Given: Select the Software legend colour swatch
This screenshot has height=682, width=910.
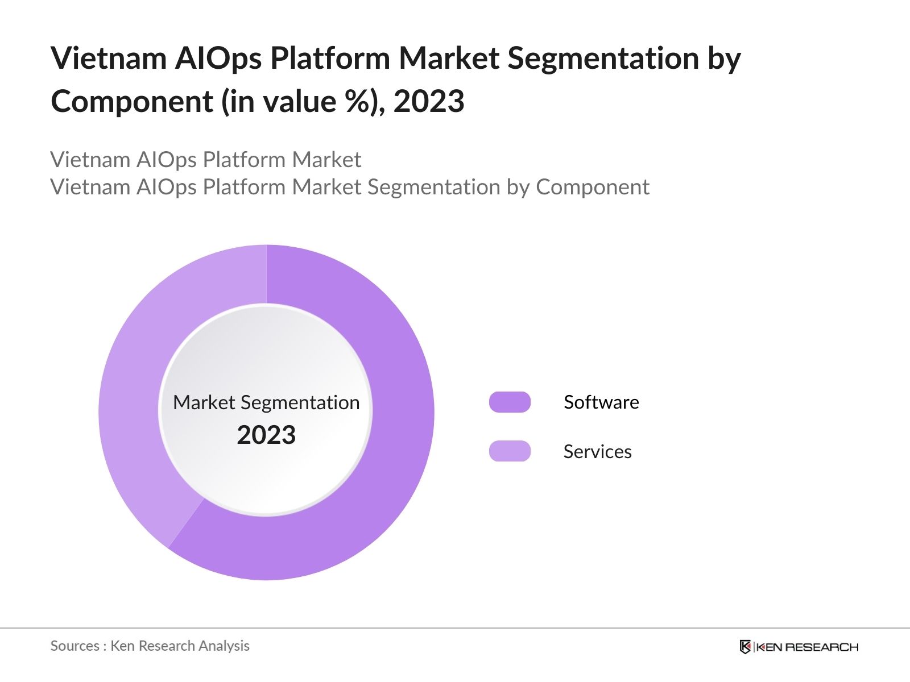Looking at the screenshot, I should [x=510, y=402].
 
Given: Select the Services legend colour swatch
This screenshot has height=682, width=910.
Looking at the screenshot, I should [x=510, y=451].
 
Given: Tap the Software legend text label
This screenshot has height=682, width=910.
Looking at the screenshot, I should [x=601, y=402].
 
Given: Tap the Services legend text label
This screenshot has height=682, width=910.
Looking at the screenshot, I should [x=597, y=451].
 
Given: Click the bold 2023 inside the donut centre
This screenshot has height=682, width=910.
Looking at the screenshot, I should [x=266, y=435].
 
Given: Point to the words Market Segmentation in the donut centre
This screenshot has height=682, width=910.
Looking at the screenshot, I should [x=266, y=402].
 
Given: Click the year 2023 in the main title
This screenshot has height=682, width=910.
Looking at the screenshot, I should [x=429, y=102].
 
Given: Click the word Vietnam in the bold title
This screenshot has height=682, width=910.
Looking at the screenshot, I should [x=108, y=59].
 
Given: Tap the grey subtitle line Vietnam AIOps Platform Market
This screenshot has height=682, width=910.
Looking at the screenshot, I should [x=205, y=160].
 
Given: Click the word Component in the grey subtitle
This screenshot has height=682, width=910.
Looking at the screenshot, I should [x=592, y=187].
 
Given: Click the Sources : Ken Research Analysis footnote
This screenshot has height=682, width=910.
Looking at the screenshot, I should [x=150, y=646].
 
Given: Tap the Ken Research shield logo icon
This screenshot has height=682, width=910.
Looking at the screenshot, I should [x=744, y=647].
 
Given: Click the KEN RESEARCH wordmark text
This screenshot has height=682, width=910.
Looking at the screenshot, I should [x=807, y=647].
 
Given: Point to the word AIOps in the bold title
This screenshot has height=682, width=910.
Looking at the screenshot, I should [x=218, y=59].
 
